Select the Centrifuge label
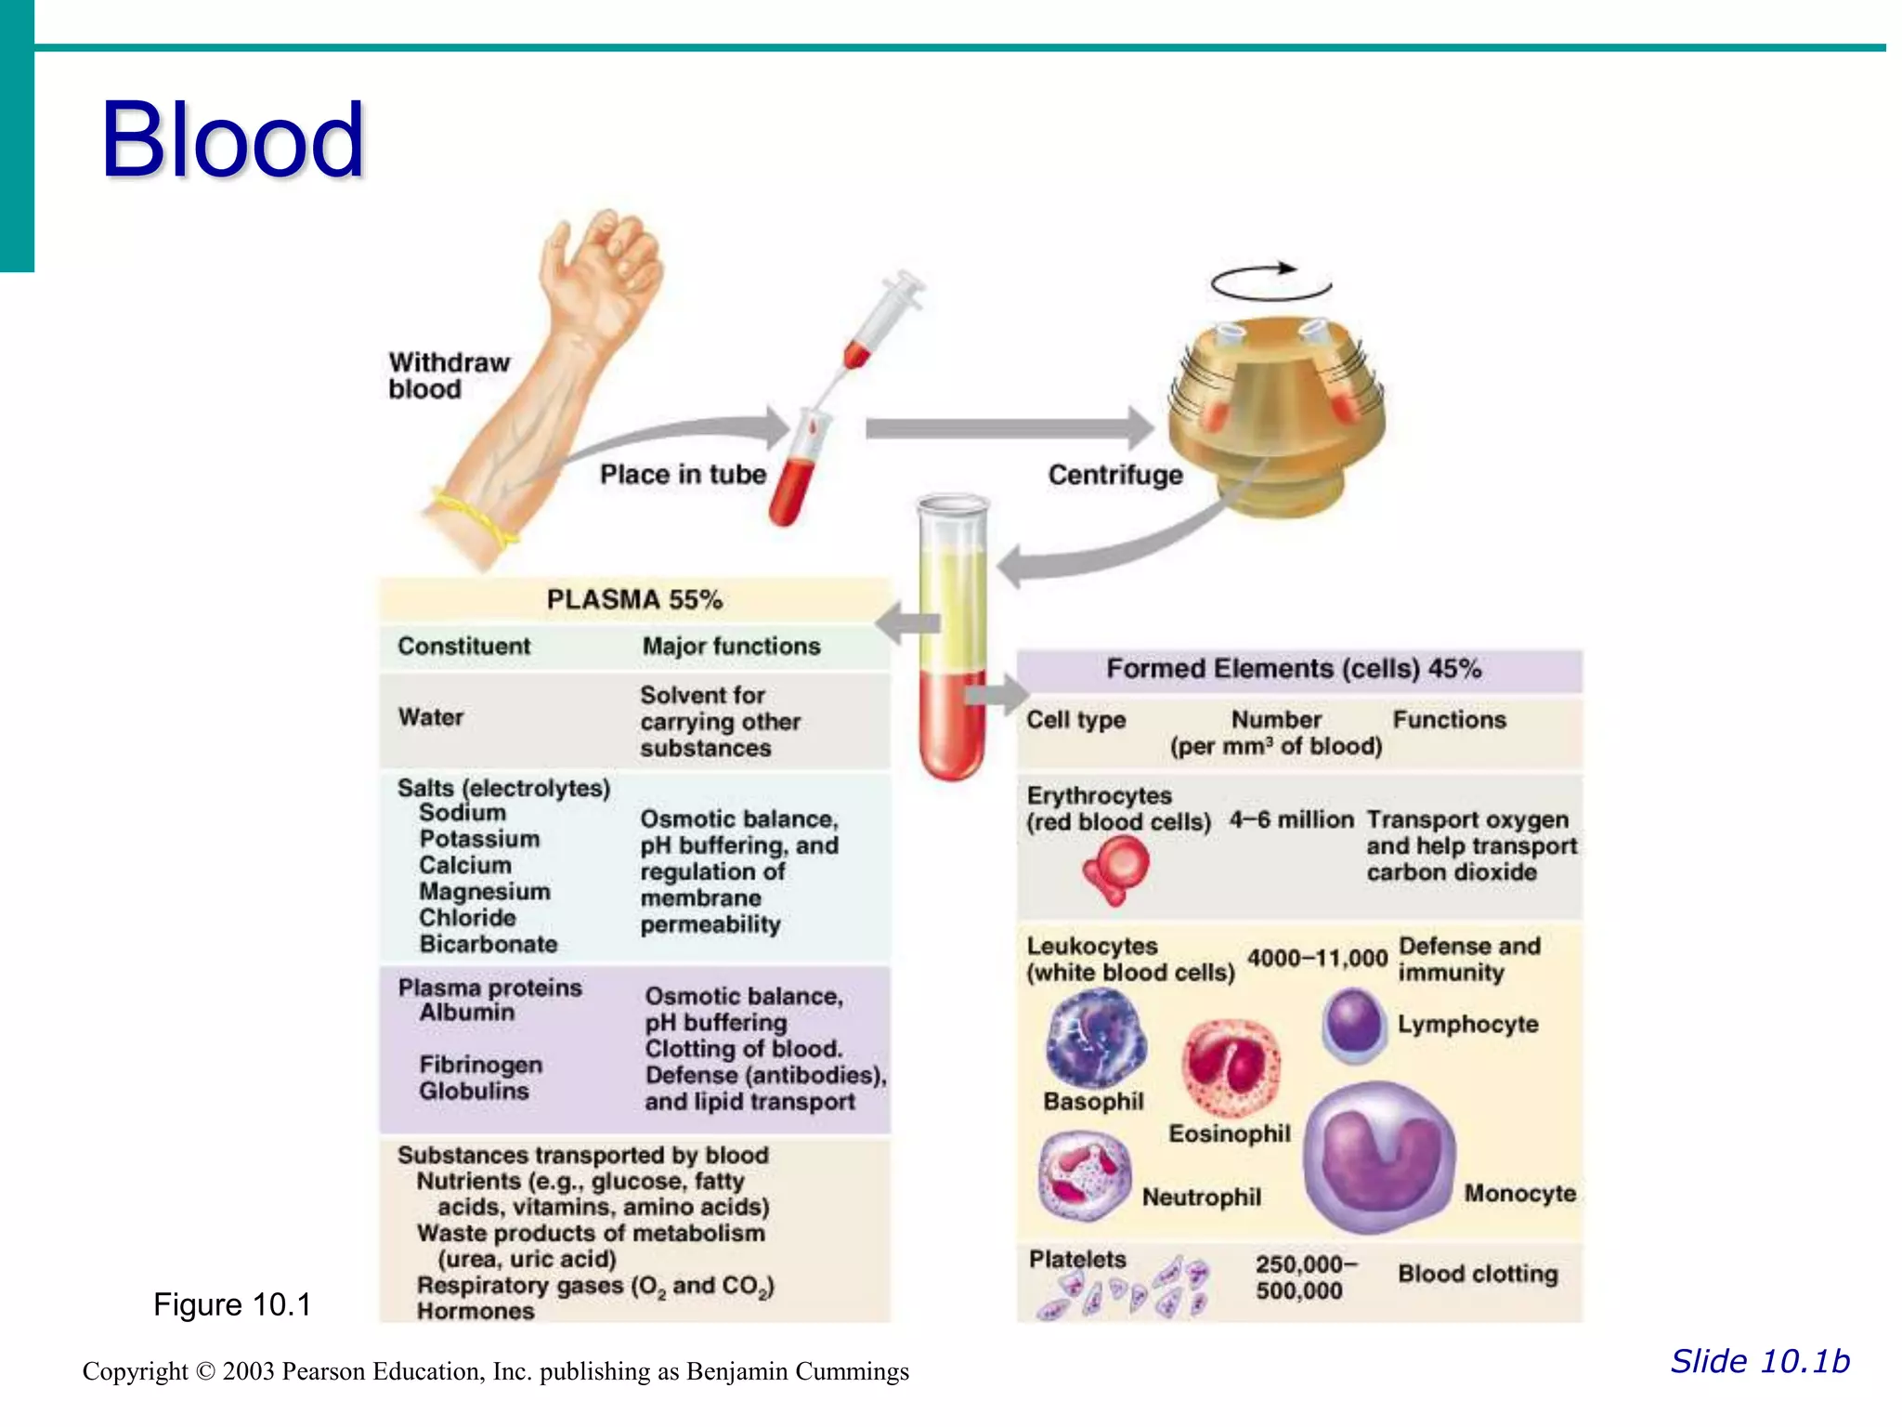pyautogui.click(x=1115, y=475)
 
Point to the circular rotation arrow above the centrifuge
pyautogui.click(x=1270, y=281)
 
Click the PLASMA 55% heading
pyautogui.click(x=634, y=599)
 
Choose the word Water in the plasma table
pyautogui.click(x=431, y=717)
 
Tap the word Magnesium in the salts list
pyautogui.click(x=484, y=891)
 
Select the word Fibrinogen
pyautogui.click(x=480, y=1065)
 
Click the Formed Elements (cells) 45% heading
pyautogui.click(x=1294, y=669)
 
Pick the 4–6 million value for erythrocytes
pyautogui.click(x=1291, y=819)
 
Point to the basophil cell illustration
pyautogui.click(x=1096, y=1039)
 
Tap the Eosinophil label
pyautogui.click(x=1229, y=1133)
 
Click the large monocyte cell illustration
pyautogui.click(x=1379, y=1157)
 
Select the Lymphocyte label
pyautogui.click(x=1467, y=1024)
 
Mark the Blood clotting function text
pyautogui.click(x=1478, y=1274)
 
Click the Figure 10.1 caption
pyautogui.click(x=232, y=1304)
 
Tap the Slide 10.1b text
pyautogui.click(x=1760, y=1361)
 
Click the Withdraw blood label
pyautogui.click(x=449, y=375)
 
